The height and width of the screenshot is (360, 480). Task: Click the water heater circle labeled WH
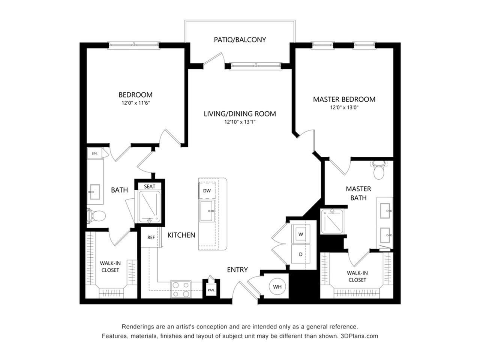[x=277, y=286]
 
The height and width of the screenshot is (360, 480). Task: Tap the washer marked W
[x=300, y=234]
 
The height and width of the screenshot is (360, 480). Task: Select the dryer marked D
[x=300, y=254]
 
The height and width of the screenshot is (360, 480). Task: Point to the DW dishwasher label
[x=207, y=190]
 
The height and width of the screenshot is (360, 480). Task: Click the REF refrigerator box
[x=151, y=237]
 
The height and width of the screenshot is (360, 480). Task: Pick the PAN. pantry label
[x=211, y=290]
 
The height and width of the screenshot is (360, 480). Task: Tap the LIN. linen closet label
[x=94, y=153]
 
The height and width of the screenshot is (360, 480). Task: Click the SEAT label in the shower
[x=150, y=186]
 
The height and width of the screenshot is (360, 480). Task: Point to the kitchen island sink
[x=207, y=211]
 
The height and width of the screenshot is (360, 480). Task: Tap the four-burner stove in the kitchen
[x=181, y=289]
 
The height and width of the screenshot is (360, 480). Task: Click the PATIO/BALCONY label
[x=240, y=40]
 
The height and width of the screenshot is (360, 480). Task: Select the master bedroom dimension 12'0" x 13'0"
[x=344, y=108]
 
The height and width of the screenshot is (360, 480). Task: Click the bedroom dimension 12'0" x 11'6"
[x=136, y=103]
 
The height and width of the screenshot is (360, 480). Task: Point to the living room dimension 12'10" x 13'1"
[x=240, y=122]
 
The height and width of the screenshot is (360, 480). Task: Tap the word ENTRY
[x=237, y=270]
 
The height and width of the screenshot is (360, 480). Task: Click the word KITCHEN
[x=181, y=235]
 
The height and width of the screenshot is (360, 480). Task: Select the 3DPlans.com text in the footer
[x=359, y=336]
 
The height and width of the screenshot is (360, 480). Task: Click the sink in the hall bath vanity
[x=94, y=192]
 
